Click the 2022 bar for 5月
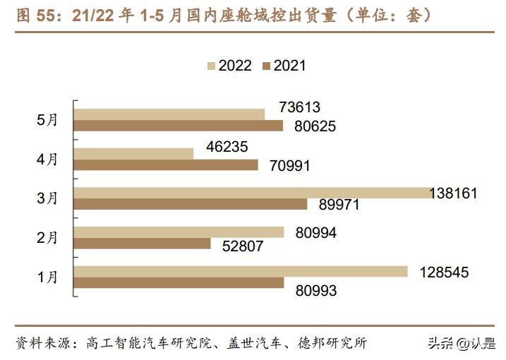(169, 114)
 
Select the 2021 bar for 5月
(179, 126)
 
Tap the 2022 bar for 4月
(133, 153)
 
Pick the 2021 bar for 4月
(167, 165)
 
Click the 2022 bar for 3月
(252, 193)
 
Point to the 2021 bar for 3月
(191, 204)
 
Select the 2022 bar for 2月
(179, 232)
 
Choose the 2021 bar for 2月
(143, 244)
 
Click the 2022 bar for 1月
(241, 271)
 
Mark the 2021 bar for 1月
(179, 283)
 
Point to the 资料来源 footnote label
(43, 343)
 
